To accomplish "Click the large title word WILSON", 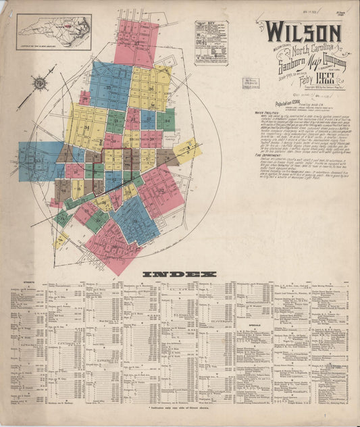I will (302, 32).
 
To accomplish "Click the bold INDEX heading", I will (180, 274).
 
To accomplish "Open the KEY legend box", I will (211, 43).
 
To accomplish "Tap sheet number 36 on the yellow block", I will (150, 89).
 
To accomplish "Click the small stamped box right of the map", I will (253, 82).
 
